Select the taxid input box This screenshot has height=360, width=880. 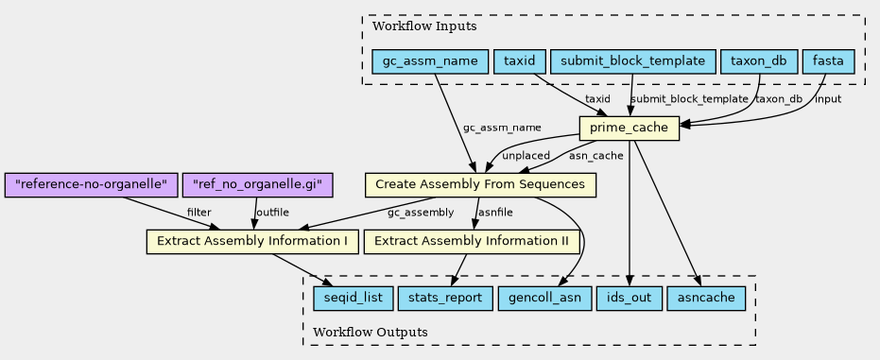pos(520,61)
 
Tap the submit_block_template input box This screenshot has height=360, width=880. pos(633,61)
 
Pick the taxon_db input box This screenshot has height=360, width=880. pos(759,61)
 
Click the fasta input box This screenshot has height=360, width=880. pos(828,61)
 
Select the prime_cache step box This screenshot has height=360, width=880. pos(630,129)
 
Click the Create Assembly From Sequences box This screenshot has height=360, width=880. pos(480,184)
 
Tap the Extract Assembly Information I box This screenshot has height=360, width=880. pos(252,241)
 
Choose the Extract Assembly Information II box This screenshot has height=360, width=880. pos(472,241)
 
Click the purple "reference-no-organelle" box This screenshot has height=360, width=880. pos(91,184)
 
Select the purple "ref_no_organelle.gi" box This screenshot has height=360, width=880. pos(258,184)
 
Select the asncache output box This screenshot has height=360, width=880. pos(706,298)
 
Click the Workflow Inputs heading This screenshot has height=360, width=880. pos(424,26)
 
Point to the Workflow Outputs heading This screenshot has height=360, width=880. pos(370,332)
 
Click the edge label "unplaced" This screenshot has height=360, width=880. pos(526,156)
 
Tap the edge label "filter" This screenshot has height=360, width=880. pos(199,212)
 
